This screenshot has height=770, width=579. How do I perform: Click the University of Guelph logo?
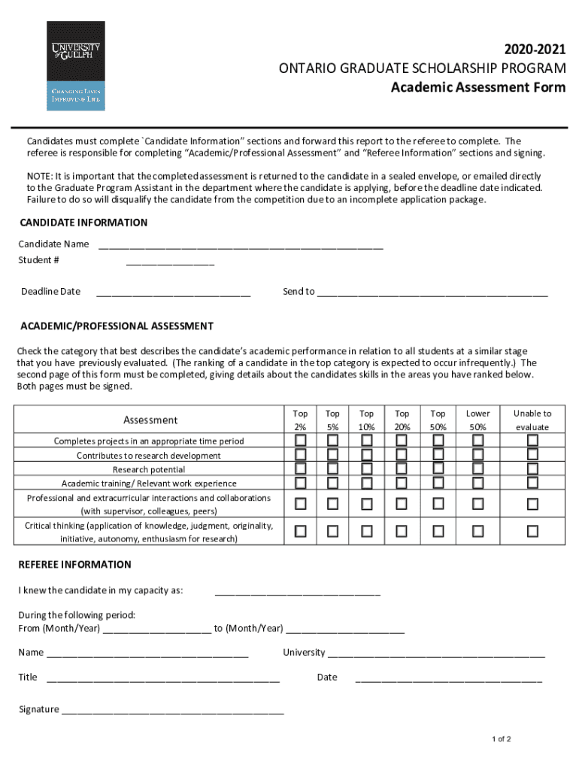(75, 65)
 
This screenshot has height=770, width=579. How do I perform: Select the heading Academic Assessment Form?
(477, 87)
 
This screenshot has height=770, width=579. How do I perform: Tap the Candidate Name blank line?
(241, 245)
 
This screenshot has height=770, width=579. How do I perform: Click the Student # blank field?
(170, 262)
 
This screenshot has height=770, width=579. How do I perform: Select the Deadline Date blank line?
(173, 293)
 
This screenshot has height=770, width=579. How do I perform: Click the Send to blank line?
(432, 293)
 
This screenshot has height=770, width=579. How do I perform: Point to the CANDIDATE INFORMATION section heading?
(83, 223)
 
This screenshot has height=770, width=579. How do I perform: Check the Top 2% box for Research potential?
(301, 469)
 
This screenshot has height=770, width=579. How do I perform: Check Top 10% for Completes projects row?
(367, 441)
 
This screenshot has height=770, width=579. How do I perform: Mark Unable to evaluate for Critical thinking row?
(532, 532)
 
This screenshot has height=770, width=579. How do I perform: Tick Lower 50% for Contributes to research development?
(477, 455)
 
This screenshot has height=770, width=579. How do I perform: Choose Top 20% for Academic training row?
(402, 483)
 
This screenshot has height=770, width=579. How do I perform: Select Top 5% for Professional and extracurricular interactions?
(332, 504)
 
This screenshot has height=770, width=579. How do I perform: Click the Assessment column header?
(150, 420)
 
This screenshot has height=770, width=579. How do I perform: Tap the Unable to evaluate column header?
(532, 420)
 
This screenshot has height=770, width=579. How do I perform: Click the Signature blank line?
(173, 710)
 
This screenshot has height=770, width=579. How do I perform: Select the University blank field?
(436, 653)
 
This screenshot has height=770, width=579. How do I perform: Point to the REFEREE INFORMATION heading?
(74, 565)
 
